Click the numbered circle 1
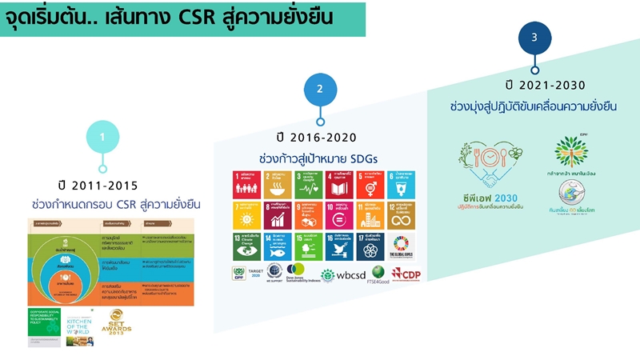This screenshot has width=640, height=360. click(102, 137)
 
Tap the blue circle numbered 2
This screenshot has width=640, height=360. click(320, 89)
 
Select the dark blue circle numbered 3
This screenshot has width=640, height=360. click(534, 37)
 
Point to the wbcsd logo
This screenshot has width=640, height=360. click(342, 275)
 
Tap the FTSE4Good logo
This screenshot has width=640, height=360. click(376, 274)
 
